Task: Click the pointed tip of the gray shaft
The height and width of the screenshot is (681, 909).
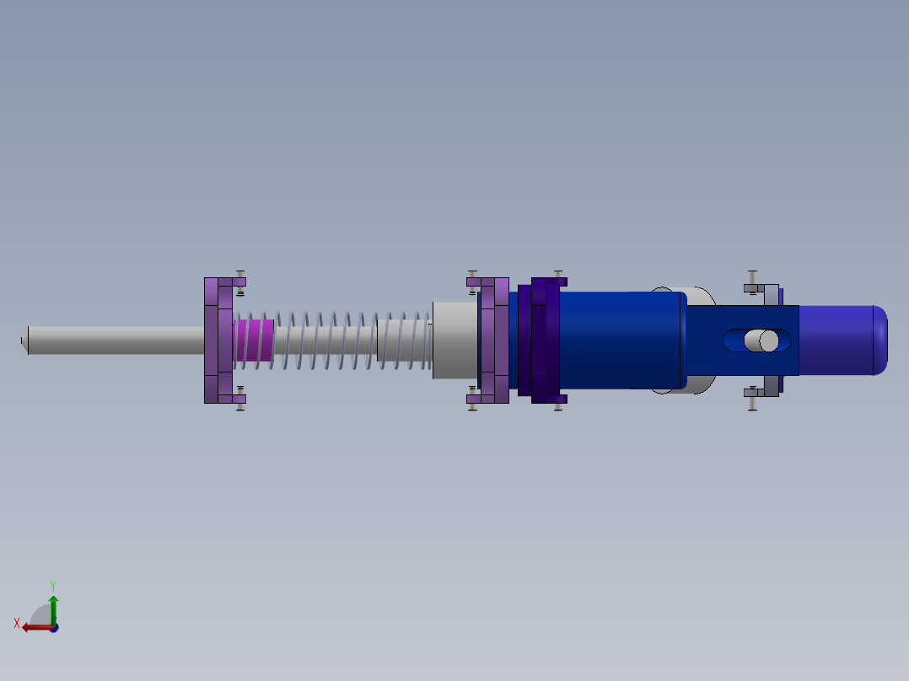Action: click(24, 340)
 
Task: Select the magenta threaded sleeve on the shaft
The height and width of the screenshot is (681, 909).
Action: click(254, 340)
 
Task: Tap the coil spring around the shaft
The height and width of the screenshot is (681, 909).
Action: click(337, 340)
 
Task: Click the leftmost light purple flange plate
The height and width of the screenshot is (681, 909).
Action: click(212, 340)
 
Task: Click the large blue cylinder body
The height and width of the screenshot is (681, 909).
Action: click(620, 340)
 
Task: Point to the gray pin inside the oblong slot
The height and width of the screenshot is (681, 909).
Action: click(762, 340)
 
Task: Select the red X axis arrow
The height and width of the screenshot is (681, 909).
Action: click(34, 627)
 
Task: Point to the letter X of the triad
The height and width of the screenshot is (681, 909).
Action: click(17, 623)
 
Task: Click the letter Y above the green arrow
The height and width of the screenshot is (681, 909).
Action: click(53, 585)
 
